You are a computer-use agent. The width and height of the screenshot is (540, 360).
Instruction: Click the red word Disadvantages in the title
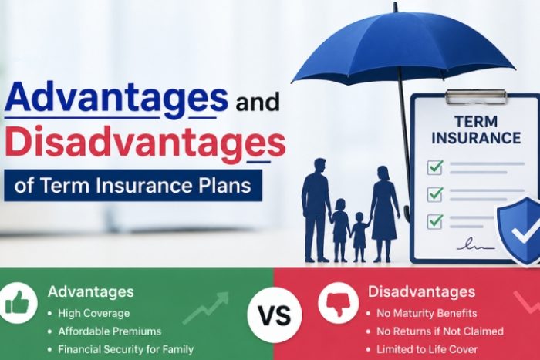coord(145,143)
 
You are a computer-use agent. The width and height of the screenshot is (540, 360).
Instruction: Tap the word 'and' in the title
coord(258,103)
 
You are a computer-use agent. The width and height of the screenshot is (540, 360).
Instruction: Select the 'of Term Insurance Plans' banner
coord(133,186)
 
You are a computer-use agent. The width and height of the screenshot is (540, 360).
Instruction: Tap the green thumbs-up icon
coord(17,303)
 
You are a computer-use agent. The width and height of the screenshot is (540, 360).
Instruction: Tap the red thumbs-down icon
coord(338,303)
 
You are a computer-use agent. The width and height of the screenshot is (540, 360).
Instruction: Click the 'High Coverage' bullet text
coord(93,313)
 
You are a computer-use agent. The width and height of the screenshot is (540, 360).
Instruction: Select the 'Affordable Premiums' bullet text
coord(110,331)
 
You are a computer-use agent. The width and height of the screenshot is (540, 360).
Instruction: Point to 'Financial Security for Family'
coord(126,350)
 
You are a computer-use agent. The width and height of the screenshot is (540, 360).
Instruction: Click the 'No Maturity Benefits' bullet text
coord(427,313)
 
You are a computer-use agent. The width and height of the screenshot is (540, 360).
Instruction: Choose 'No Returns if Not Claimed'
coord(440,331)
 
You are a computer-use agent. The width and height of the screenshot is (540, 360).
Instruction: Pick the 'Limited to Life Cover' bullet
coord(427,350)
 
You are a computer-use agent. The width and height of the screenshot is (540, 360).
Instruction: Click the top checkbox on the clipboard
coord(434,167)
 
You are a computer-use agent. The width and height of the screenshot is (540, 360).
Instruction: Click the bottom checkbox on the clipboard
coord(434,221)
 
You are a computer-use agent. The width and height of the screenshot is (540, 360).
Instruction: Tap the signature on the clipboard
coord(475,245)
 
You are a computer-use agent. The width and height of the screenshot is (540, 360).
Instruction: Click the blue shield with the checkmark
coord(519,231)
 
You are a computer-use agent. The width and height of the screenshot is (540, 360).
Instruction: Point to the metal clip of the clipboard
coord(476,96)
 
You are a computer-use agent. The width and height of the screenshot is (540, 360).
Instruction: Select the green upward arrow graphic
coord(206,308)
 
